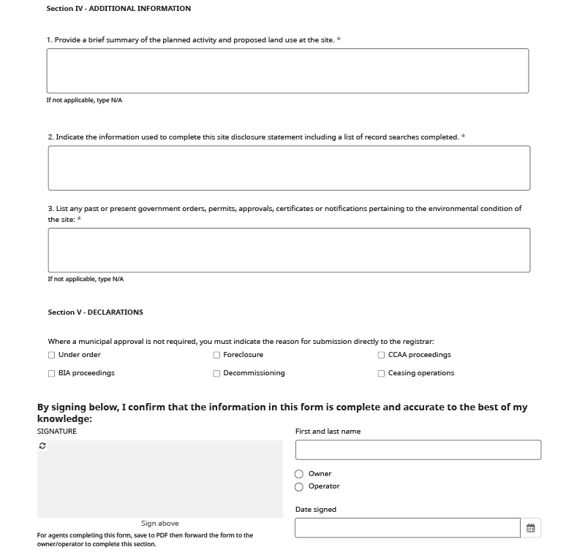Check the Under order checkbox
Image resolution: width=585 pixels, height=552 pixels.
(x=51, y=356)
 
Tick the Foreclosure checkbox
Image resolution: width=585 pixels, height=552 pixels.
(x=216, y=356)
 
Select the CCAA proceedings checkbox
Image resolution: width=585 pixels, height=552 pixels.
(x=381, y=356)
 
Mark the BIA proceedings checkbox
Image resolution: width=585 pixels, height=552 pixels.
(x=51, y=374)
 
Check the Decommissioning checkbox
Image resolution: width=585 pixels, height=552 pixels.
(x=216, y=374)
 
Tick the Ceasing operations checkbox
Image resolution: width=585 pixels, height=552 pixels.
(x=381, y=374)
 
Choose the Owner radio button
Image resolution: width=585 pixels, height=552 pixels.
(x=299, y=475)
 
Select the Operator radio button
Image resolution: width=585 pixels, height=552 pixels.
(x=299, y=487)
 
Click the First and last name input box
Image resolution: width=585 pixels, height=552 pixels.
(x=418, y=450)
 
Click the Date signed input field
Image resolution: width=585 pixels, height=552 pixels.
(x=407, y=528)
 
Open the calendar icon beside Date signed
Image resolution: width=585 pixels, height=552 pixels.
(x=531, y=528)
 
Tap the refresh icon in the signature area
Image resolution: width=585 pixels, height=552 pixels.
(x=42, y=446)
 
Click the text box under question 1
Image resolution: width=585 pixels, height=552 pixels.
(x=287, y=71)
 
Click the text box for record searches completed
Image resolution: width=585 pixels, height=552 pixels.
(x=289, y=168)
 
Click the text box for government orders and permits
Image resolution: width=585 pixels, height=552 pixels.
(x=289, y=250)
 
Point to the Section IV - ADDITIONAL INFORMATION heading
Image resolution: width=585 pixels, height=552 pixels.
(x=118, y=9)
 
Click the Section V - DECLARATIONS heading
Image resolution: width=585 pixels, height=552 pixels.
(x=95, y=313)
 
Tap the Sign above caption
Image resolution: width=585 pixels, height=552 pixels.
(x=159, y=524)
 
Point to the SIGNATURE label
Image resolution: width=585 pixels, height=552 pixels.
(x=57, y=432)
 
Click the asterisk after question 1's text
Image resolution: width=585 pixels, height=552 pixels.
(x=339, y=40)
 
